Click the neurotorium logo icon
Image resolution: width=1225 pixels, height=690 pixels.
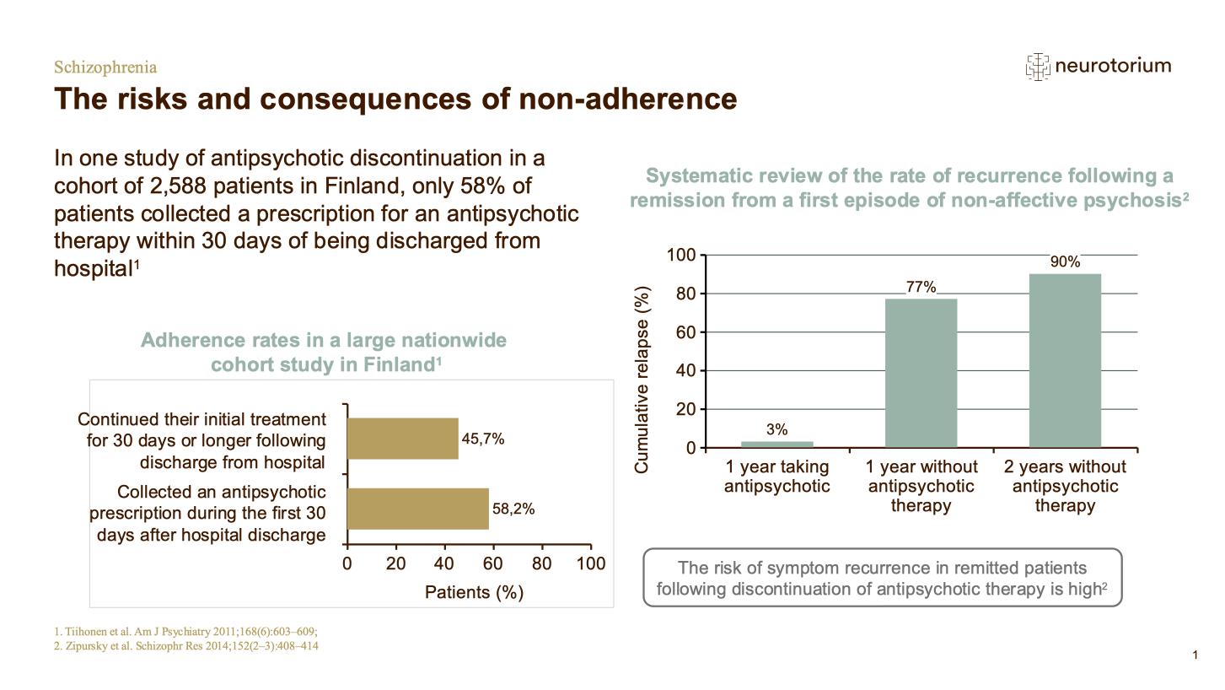point(1038,67)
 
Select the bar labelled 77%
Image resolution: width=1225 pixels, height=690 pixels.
point(921,372)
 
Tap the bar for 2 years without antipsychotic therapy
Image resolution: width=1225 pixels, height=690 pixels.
point(1065,360)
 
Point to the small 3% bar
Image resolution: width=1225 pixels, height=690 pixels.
point(776,444)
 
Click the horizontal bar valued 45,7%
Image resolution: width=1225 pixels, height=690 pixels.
point(403,439)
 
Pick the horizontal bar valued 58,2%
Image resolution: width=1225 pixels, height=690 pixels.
point(418,509)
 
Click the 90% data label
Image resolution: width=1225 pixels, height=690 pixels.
point(1065,262)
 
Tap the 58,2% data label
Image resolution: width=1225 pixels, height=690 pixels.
point(513,509)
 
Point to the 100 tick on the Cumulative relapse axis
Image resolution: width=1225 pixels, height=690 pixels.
point(681,256)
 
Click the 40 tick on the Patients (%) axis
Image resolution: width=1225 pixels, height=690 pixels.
point(444,563)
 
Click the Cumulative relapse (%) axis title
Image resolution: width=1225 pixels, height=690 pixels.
point(642,380)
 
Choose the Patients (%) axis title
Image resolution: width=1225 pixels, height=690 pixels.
point(474,592)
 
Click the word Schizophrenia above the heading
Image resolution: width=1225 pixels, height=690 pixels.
point(105,67)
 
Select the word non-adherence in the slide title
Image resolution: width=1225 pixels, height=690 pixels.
point(627,99)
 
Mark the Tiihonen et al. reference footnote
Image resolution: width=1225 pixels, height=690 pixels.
point(185,632)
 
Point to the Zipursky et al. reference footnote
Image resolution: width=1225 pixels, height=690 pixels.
point(185,646)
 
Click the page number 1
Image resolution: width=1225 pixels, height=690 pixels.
point(1195,655)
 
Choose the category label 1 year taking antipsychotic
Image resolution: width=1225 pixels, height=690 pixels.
point(776,477)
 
